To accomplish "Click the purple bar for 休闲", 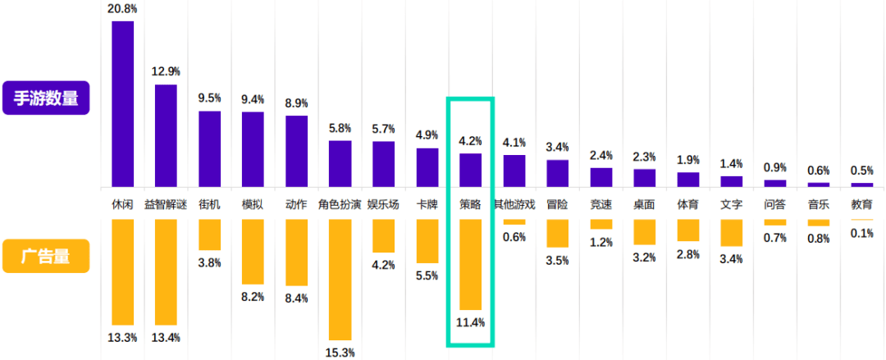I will tap(122, 103).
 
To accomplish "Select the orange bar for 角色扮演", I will tap(340, 279).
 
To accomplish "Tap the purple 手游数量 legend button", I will tap(45, 98).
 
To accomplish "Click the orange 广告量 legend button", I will tap(45, 256).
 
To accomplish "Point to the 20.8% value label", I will tap(122, 8).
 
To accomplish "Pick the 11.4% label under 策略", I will tap(470, 322).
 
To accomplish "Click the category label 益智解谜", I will tap(166, 204).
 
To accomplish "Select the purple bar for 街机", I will tap(209, 148).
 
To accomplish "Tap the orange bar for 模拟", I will tap(253, 253).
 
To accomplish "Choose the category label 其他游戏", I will tap(514, 204).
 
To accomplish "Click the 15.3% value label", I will tap(340, 353).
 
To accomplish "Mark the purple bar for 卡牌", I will tap(427, 167).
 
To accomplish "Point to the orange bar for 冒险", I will tap(557, 233).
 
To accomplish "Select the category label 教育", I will tap(861, 204).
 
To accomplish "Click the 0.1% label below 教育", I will tap(861, 234).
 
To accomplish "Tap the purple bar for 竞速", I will tap(601, 177).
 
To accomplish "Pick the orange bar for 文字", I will tap(731, 233).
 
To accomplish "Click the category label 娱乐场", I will tap(383, 204).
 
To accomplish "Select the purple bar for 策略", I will tap(470, 170).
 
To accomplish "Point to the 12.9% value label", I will tap(166, 72).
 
